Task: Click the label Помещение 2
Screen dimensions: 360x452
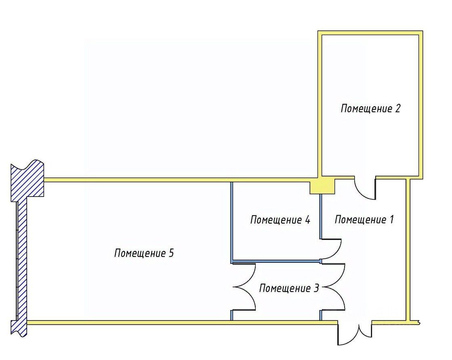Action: [x=370, y=109]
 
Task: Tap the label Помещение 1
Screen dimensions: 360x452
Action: [x=364, y=220]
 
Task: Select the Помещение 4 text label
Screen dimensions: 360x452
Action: [x=280, y=220]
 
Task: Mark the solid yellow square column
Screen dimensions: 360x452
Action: [x=322, y=186]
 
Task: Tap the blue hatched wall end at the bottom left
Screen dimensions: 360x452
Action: [x=19, y=327]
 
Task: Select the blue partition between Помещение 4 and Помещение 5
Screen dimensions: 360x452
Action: [x=232, y=222]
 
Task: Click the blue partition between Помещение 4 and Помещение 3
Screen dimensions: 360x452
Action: [x=276, y=262]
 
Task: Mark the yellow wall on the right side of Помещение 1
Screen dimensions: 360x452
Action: [x=408, y=250]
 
